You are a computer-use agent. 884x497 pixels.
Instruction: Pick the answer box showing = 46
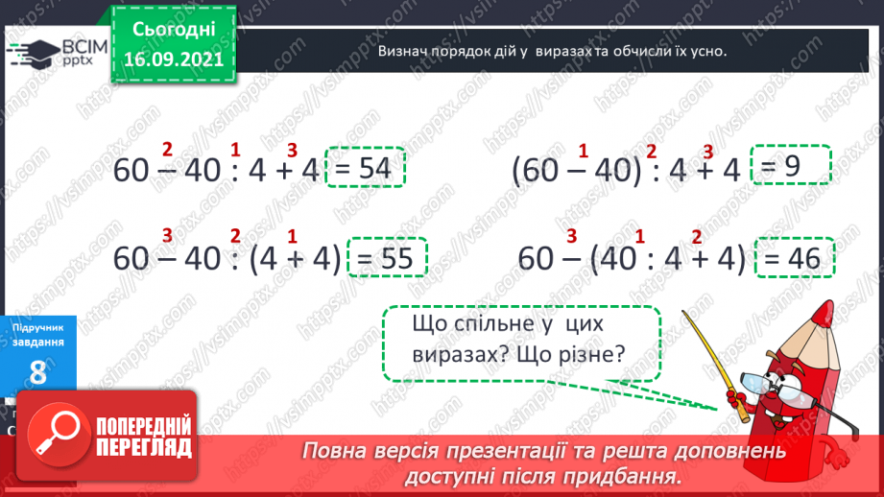tap(796, 258)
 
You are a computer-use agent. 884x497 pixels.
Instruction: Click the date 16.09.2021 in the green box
tap(173, 59)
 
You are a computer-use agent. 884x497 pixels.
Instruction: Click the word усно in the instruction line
tap(707, 52)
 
